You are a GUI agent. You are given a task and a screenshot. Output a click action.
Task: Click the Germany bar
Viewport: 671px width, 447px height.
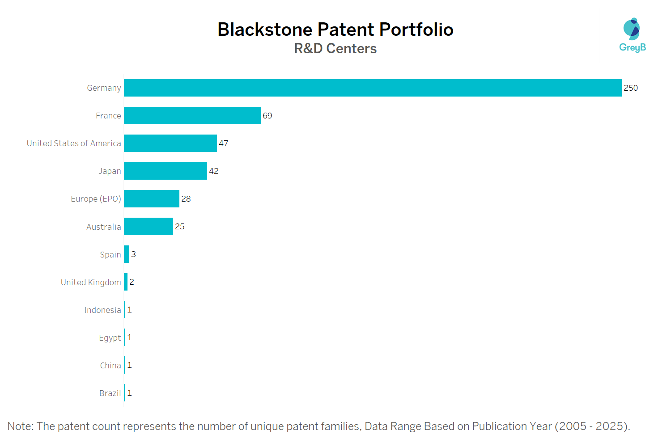(373, 88)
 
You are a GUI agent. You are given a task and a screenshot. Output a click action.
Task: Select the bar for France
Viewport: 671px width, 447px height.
(192, 116)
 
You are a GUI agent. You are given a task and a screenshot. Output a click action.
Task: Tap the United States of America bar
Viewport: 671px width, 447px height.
(170, 143)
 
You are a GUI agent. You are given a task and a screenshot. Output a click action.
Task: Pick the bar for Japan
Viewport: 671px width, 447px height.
(166, 171)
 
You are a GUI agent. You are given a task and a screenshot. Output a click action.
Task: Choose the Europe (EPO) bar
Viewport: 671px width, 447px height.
(152, 199)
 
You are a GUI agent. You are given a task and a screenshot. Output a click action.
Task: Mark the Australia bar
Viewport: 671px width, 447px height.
(149, 227)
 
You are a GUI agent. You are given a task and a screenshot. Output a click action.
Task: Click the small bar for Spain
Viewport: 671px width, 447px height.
(127, 254)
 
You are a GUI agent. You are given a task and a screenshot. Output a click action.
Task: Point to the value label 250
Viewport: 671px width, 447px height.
(631, 88)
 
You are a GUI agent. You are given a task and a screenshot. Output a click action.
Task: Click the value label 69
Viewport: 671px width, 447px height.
(268, 116)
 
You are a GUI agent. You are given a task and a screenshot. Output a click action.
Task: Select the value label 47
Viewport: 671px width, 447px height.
(224, 143)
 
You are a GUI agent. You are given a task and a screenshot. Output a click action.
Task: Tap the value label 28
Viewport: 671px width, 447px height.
(186, 199)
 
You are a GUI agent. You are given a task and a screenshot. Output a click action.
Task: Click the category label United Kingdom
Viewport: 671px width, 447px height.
(91, 283)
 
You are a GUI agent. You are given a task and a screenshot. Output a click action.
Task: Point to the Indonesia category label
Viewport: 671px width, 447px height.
(102, 310)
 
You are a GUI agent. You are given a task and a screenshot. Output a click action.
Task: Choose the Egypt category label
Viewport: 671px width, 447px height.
(110, 338)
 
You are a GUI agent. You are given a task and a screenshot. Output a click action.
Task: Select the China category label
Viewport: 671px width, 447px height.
(110, 366)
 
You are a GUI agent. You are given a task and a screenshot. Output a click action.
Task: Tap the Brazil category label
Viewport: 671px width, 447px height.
(110, 393)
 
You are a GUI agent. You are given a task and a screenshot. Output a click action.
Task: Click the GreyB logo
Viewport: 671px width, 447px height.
(632, 35)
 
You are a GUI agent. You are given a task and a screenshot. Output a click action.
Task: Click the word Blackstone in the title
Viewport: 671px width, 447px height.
(265, 30)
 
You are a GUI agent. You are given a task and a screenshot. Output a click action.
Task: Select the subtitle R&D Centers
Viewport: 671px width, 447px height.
(335, 48)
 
